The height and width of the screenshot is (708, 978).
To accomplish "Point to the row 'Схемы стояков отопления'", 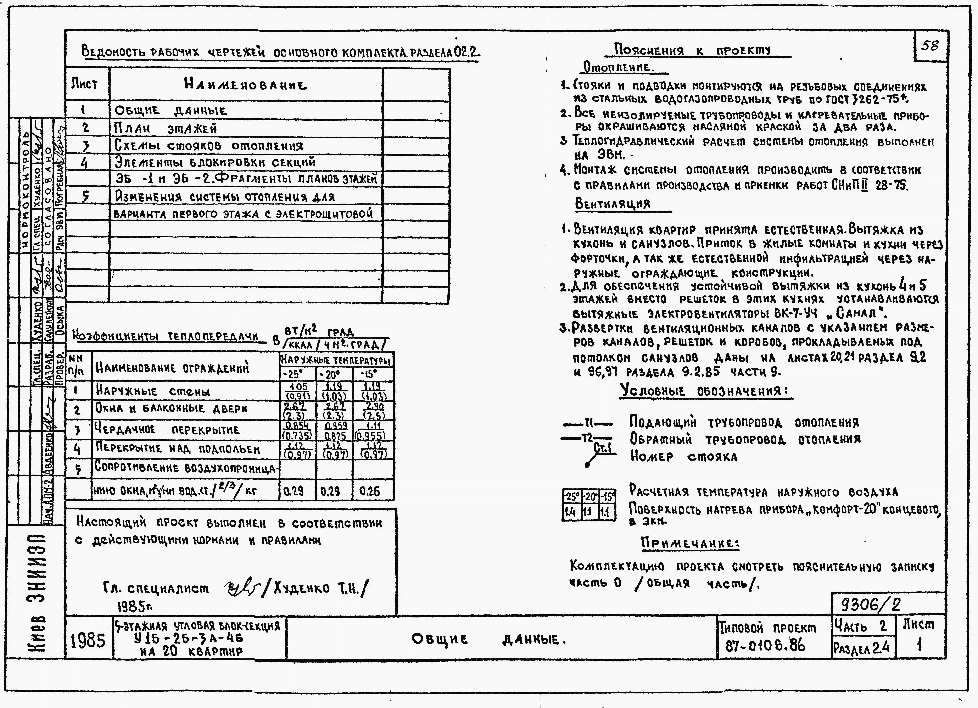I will point(209,146).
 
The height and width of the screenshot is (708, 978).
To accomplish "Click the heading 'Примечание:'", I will point(690,543).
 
